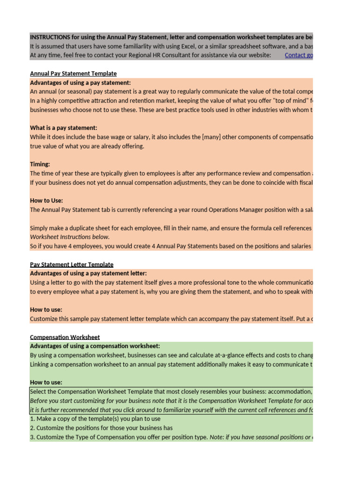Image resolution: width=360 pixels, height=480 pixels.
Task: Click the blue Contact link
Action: point(299,55)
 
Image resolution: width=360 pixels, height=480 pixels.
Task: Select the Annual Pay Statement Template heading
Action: point(73,74)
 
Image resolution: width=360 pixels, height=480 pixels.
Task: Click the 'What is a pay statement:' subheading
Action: point(63,128)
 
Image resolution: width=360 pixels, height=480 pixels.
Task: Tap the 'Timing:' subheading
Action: point(40,165)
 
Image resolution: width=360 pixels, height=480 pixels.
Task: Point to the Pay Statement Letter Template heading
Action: point(71,264)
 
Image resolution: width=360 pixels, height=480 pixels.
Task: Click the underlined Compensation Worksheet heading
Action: point(65,337)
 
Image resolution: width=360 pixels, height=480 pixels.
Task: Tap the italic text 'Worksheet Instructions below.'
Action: point(70,237)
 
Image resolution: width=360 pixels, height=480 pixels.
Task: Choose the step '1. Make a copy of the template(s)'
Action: point(95,419)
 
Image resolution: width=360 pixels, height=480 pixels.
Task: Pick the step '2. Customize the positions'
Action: point(101,427)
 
